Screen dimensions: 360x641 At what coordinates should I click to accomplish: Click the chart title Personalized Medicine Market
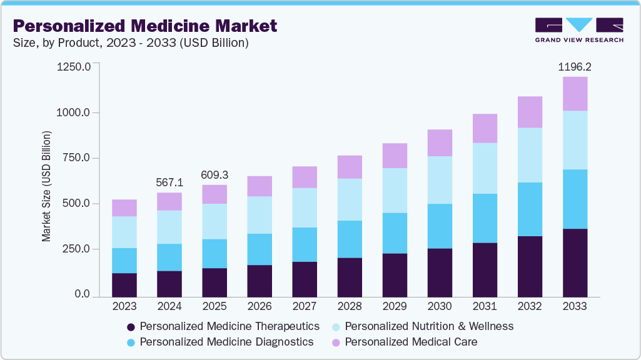point(144,26)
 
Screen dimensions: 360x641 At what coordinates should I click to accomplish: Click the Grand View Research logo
point(579,30)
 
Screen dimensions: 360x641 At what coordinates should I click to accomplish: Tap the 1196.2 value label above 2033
point(575,66)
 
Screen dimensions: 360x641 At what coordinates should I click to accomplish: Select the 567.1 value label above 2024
point(169,182)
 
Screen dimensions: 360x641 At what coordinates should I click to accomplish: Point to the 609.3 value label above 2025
point(215,174)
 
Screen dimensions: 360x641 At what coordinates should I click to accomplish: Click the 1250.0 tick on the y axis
point(74,66)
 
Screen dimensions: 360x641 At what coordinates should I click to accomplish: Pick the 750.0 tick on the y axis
point(76,158)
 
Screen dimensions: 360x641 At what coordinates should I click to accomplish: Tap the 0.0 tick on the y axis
point(81,294)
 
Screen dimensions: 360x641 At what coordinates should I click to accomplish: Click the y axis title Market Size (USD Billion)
point(46,186)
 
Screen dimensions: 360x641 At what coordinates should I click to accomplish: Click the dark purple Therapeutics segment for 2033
point(575,262)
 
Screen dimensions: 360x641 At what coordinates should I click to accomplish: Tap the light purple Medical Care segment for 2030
point(440,143)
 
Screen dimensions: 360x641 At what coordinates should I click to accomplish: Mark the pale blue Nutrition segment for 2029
point(395,191)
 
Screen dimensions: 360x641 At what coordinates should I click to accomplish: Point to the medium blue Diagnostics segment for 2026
point(260,249)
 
